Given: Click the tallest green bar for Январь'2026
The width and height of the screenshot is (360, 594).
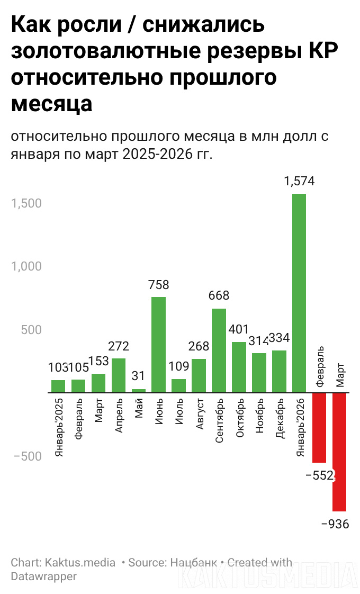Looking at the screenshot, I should coord(299,293).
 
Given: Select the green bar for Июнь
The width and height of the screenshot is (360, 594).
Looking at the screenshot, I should coord(158,344).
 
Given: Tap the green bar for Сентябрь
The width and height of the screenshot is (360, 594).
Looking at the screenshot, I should coord(219,350).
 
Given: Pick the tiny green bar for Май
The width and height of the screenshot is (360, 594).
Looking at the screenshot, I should coord(139,391).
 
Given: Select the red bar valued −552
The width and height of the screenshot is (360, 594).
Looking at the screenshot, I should coord(319,427).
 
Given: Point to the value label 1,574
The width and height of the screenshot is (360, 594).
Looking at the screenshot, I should coord(299,181).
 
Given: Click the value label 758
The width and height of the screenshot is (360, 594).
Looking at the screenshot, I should coord(158,285).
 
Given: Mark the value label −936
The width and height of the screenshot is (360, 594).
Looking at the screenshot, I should coord(336,524).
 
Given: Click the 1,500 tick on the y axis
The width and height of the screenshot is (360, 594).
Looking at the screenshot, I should coord(26,203).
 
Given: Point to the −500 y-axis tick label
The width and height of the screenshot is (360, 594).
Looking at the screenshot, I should coord(25,456).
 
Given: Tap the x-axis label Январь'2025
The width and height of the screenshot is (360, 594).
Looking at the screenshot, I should coord(59,427).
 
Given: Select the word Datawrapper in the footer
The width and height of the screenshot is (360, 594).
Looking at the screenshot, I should coord(44,576).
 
